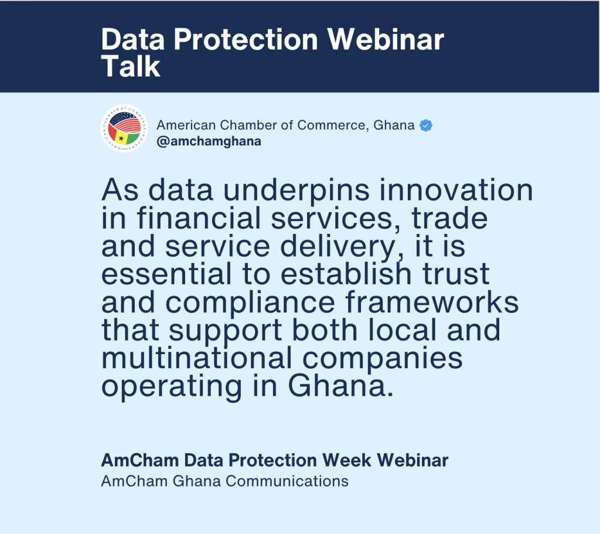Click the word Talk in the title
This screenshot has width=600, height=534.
tap(131, 66)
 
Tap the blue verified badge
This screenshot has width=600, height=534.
tap(426, 125)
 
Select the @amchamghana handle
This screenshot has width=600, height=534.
tap(209, 141)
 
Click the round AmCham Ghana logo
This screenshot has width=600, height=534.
tap(124, 128)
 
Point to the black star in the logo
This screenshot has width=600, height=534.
tap(121, 138)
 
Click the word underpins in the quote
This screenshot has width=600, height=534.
tap(296, 191)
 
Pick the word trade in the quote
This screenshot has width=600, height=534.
tap(449, 217)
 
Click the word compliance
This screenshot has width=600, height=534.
tap(250, 303)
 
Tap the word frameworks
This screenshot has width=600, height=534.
tap(432, 302)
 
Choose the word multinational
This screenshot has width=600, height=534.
tap(197, 358)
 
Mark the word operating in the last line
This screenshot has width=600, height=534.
tap(172, 387)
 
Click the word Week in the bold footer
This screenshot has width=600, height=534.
tap(347, 460)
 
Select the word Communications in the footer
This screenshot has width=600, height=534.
tap(287, 481)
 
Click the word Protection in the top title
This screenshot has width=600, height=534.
tap(246, 39)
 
